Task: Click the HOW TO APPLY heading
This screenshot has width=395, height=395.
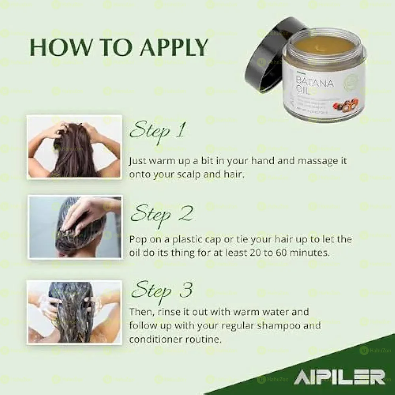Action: coord(118,47)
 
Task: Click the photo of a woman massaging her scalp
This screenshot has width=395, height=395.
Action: coord(74,147)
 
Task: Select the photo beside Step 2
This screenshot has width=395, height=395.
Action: coord(75,227)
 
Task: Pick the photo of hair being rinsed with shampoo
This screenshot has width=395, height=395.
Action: coord(74,312)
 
